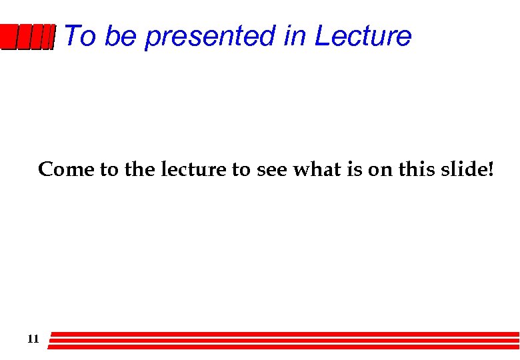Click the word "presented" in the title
(x=210, y=37)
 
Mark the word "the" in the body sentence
(x=139, y=170)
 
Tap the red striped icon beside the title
(x=27, y=37)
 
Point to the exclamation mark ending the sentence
(x=491, y=170)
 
